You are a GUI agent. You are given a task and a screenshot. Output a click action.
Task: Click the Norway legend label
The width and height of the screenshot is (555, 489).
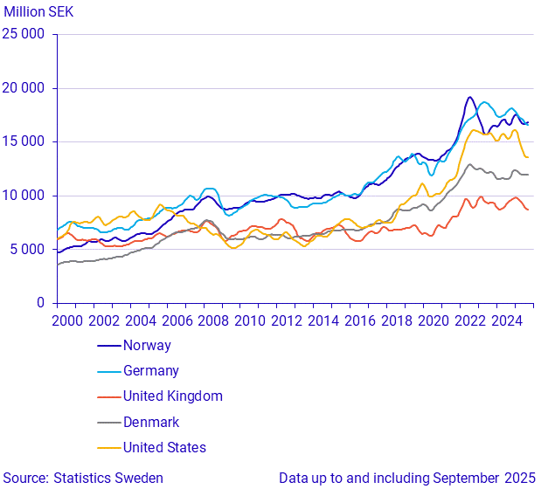(147, 345)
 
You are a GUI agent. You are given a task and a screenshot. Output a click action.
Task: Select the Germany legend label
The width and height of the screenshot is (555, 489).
(150, 370)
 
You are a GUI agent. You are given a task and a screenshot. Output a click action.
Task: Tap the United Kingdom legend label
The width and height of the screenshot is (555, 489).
(172, 396)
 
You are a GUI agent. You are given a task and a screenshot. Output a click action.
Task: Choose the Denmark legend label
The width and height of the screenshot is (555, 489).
(151, 422)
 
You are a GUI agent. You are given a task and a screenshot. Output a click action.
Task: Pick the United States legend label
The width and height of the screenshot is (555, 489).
(164, 447)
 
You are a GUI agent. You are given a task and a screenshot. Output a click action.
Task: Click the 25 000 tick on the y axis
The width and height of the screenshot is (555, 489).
(24, 35)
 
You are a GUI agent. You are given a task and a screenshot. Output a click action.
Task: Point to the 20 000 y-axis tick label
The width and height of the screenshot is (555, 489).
(24, 88)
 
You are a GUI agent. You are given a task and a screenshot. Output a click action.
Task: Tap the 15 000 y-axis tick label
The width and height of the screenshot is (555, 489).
(24, 142)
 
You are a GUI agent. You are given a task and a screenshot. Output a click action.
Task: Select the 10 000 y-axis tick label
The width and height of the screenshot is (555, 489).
(24, 196)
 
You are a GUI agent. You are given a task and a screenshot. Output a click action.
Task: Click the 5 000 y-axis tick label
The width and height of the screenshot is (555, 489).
(28, 250)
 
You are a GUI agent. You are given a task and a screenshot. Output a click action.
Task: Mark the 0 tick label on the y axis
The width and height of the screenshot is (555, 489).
(40, 303)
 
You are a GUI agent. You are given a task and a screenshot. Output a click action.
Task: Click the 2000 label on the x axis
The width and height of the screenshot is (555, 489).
(69, 320)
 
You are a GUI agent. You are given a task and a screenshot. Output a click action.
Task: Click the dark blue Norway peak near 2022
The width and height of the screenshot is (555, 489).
(469, 97)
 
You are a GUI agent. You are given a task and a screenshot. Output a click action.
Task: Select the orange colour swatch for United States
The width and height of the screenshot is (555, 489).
(108, 447)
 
